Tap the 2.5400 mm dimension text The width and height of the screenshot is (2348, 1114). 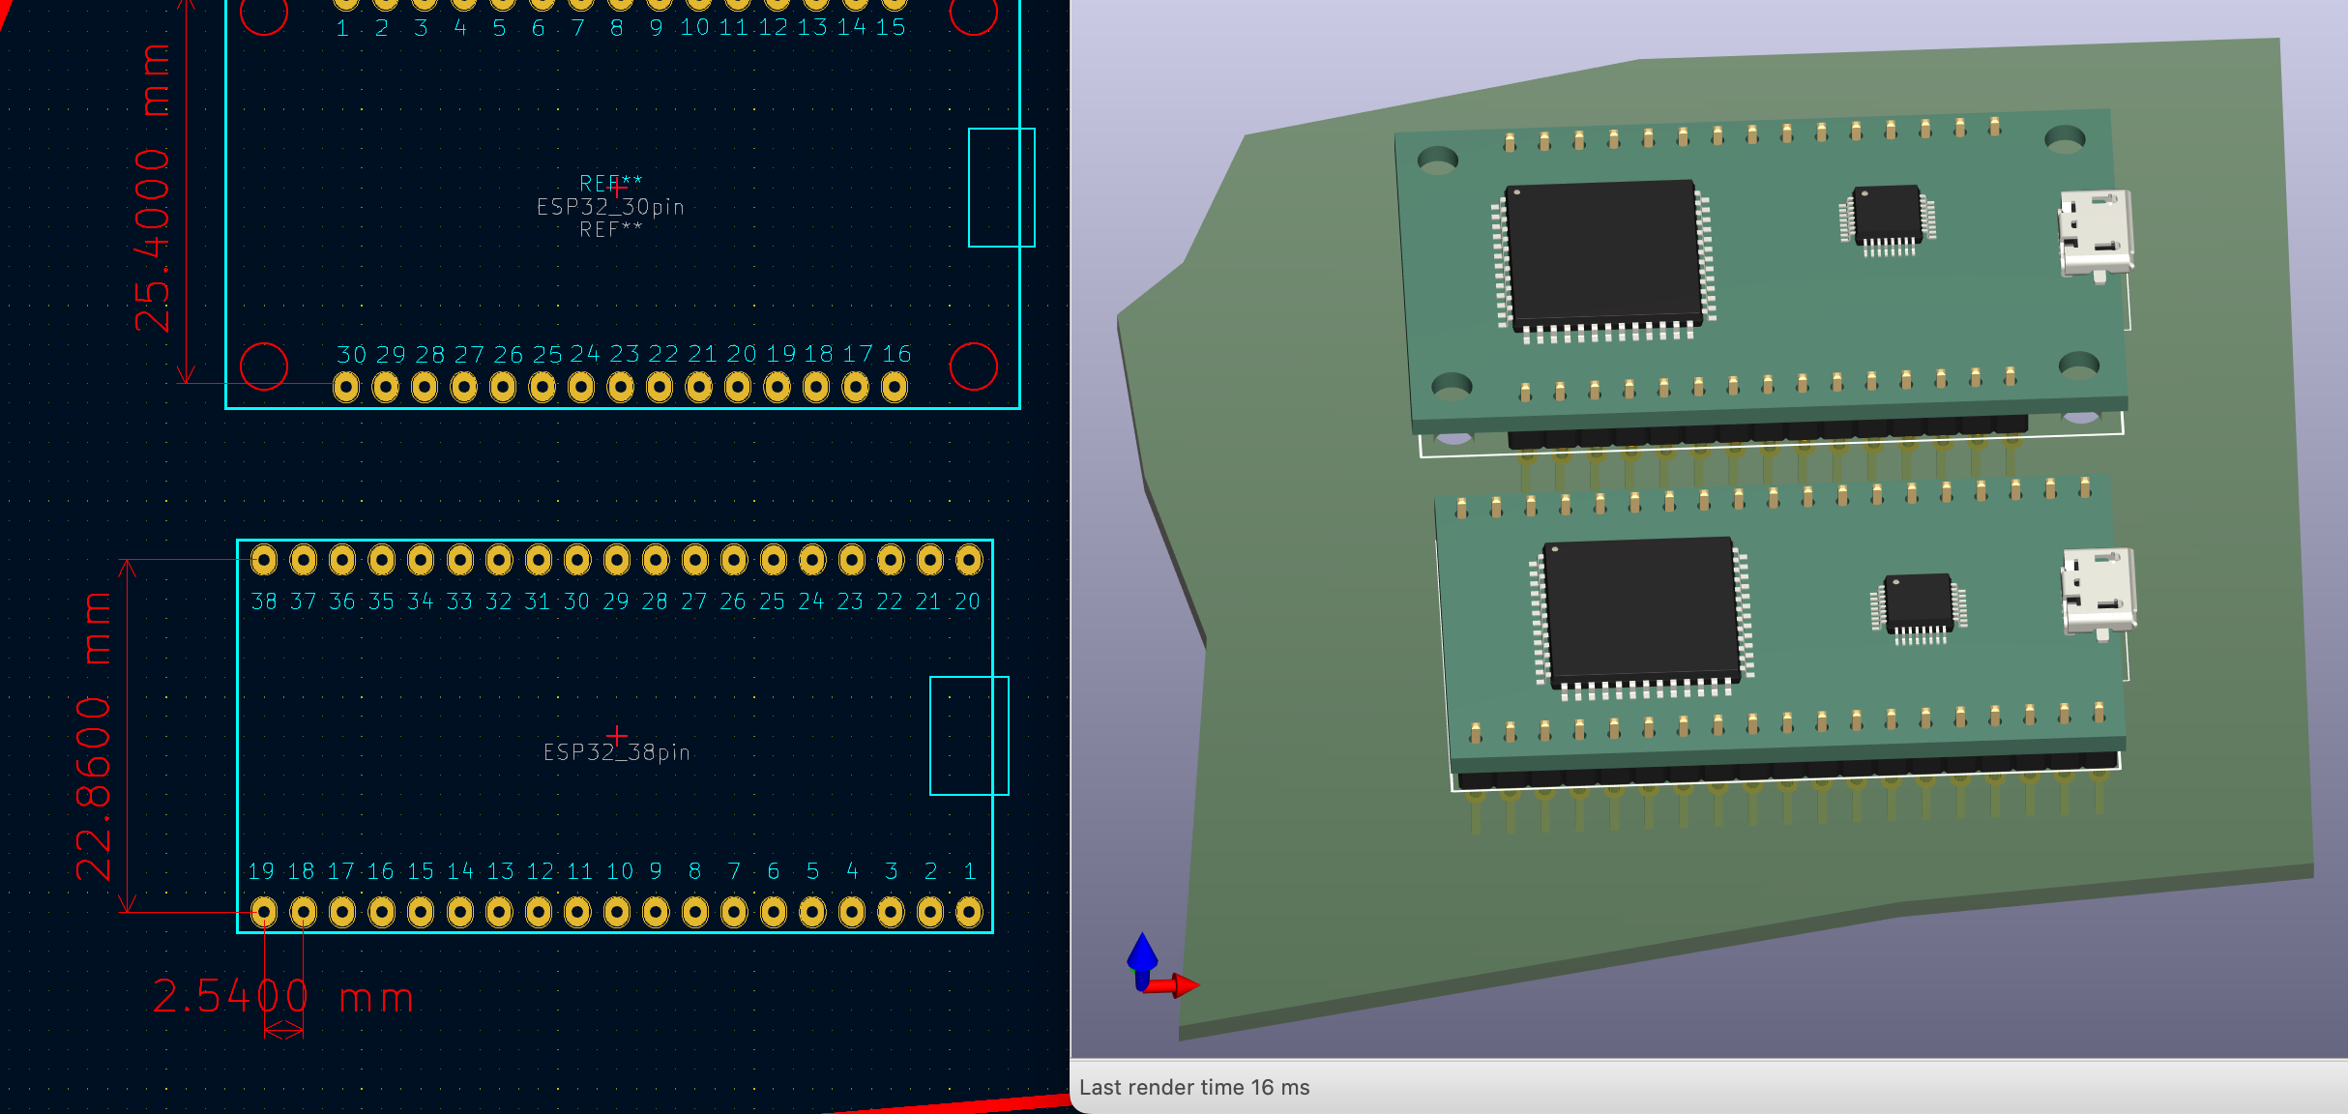(x=283, y=997)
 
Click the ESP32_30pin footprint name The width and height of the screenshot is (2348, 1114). (x=610, y=207)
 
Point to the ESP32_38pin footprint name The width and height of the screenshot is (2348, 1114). (x=617, y=752)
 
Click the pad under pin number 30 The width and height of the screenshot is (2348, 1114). (x=346, y=388)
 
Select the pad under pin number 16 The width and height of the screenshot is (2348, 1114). (x=895, y=388)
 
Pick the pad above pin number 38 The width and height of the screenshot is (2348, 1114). (x=264, y=559)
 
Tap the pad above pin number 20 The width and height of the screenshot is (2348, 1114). (x=969, y=559)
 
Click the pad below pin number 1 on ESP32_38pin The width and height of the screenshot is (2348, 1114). (x=969, y=912)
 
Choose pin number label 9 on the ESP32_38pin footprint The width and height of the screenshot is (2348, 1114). (x=657, y=871)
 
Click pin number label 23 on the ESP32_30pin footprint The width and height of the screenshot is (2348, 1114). (x=624, y=354)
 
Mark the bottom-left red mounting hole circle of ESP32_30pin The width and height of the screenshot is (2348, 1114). (x=264, y=366)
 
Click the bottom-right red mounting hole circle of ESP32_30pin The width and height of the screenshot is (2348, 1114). (x=973, y=366)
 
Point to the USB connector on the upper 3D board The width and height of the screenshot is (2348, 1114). (x=2096, y=234)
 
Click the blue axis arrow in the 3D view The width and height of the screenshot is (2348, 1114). (x=1142, y=957)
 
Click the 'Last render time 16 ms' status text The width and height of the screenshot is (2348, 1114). (x=1194, y=1087)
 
